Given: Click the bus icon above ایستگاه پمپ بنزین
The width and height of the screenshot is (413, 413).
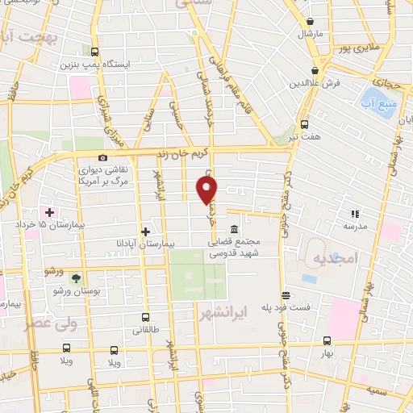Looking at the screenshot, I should click(x=95, y=51).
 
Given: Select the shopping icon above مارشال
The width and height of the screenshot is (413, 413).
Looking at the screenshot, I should click(x=311, y=22).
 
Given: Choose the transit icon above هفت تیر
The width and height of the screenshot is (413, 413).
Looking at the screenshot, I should click(x=304, y=124).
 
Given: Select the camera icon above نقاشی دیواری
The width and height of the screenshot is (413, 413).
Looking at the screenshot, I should click(x=102, y=158).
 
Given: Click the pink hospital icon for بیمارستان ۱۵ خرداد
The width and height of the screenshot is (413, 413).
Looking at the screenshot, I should click(x=50, y=212).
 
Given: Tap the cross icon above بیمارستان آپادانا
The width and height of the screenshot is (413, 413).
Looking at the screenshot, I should click(x=145, y=232).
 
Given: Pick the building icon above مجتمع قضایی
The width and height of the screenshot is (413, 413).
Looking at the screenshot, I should click(x=234, y=228).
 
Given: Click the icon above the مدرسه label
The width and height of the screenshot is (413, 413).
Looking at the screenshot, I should click(x=353, y=214).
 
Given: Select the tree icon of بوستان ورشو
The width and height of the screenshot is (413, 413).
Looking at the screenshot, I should click(x=76, y=278).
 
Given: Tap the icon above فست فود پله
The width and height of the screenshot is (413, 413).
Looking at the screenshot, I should click(x=285, y=295).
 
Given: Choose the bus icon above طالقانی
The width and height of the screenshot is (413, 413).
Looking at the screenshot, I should click(x=145, y=317).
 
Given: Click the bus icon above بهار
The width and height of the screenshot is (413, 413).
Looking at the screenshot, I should click(x=327, y=341).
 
